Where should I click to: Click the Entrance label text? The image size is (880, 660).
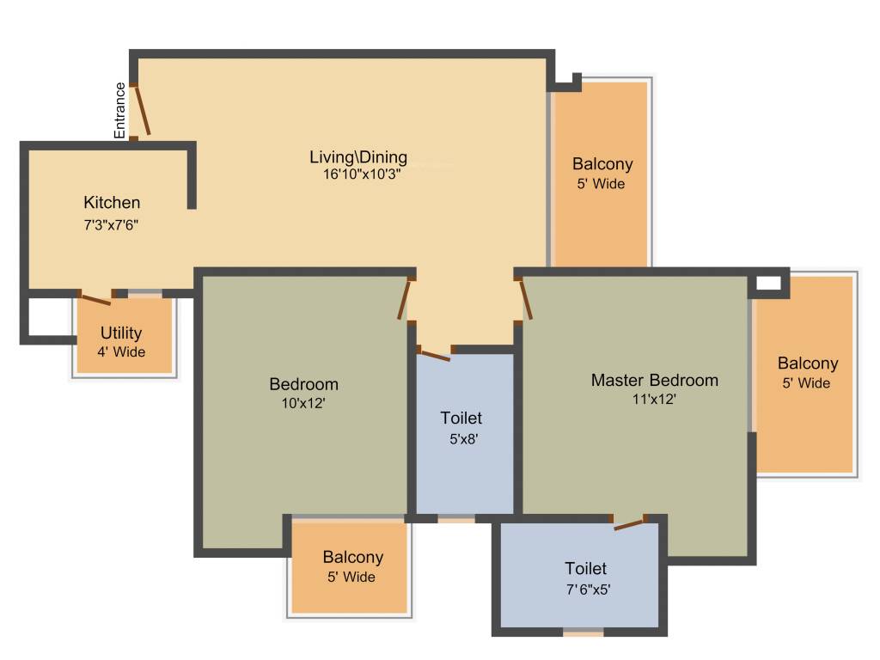120,110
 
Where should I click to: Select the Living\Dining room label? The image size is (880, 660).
358,157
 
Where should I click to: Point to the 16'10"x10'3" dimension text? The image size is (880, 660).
358,173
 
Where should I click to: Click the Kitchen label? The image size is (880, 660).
112,203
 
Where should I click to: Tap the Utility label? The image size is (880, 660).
121,333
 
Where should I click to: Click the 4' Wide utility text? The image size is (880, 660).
121,351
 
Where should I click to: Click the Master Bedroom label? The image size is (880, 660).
654,380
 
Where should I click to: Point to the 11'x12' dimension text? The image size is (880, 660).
654,399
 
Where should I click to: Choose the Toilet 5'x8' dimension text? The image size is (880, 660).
461,438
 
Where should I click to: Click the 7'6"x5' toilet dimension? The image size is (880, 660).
585,590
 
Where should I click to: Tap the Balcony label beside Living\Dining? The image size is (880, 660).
602,164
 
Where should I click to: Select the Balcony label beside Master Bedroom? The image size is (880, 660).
808,364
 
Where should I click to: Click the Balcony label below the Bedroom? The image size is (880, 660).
353,558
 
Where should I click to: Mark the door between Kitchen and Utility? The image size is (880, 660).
94,298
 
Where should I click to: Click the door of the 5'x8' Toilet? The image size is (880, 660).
434,354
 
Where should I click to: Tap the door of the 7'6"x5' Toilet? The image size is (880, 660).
630,523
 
